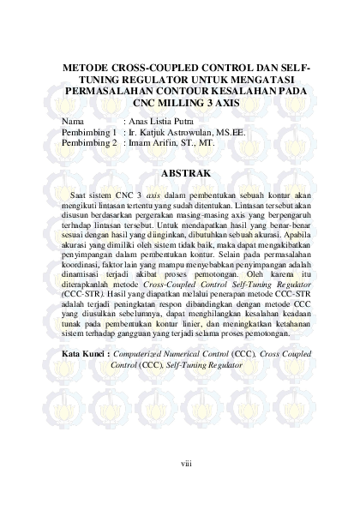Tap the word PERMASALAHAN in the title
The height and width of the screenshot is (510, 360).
(x=111, y=91)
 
